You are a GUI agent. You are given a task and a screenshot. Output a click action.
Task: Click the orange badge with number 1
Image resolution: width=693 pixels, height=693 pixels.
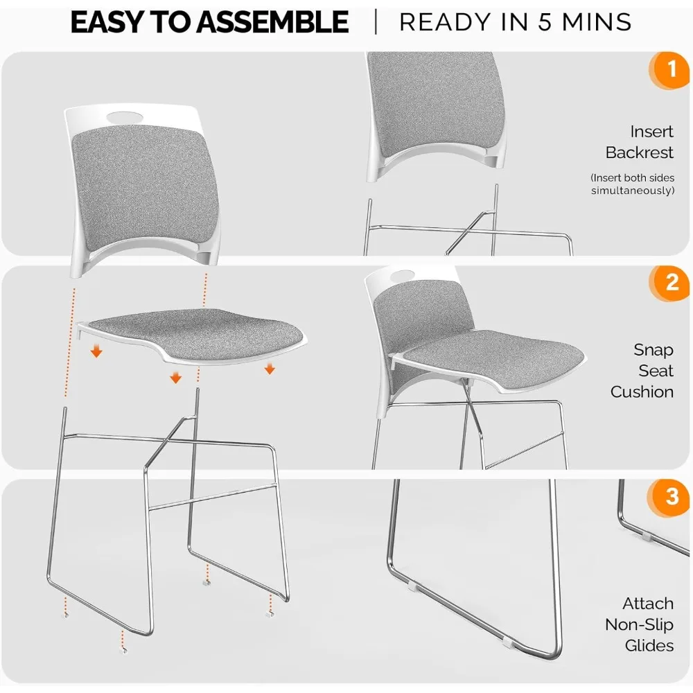point(670,70)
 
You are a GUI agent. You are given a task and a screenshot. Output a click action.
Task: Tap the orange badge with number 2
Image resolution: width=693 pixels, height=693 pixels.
point(670,283)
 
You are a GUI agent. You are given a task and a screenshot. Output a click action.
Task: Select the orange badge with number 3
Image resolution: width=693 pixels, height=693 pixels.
point(670,497)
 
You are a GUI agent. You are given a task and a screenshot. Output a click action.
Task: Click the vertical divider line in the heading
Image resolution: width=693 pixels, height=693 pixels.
point(375,22)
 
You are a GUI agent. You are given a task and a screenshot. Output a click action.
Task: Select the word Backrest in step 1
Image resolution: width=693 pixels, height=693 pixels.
point(639,152)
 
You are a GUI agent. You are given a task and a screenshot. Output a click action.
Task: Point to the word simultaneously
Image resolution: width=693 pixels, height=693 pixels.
point(632,190)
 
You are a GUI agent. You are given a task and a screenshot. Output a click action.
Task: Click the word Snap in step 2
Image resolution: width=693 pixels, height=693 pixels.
point(653,350)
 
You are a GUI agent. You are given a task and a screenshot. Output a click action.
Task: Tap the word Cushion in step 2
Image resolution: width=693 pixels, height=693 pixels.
point(642,392)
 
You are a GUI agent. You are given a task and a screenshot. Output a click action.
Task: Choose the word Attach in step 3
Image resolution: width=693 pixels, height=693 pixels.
point(647,604)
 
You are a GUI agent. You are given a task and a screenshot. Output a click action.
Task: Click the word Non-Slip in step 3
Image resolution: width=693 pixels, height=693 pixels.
point(638,624)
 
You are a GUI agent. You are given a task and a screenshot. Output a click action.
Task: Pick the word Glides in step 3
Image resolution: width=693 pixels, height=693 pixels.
point(649,645)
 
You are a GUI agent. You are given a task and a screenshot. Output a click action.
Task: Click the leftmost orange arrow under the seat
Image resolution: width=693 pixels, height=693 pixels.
point(96,352)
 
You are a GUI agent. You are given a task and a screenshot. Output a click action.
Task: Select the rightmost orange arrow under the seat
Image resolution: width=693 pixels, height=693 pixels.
point(270,369)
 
